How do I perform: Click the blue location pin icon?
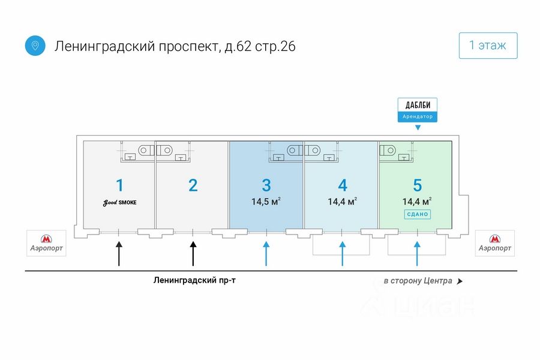click(35, 46)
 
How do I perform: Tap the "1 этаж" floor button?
click(488, 46)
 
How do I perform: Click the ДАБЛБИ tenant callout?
click(418, 110)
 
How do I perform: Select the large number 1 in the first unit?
click(119, 185)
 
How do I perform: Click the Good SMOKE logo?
click(119, 203)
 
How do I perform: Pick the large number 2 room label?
click(193, 185)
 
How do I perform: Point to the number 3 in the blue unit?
click(266, 185)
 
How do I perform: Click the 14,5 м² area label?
click(266, 201)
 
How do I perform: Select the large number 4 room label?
click(343, 185)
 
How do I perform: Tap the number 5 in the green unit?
click(418, 185)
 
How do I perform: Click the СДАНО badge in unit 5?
click(418, 214)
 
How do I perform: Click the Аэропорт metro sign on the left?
click(46, 243)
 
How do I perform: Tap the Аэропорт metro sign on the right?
click(495, 243)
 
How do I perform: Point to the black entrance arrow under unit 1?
click(119, 254)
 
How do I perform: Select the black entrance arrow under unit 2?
click(193, 254)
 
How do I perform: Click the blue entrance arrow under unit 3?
click(266, 254)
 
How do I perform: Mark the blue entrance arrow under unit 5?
click(417, 254)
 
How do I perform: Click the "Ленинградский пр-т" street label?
click(194, 280)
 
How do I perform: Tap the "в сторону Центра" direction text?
click(418, 281)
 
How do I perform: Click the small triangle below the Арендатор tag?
click(418, 127)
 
